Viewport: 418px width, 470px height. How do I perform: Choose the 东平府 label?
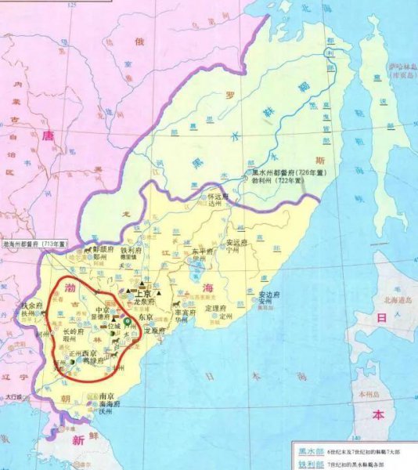[202, 251]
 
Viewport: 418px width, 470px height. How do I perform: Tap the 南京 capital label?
[110, 397]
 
